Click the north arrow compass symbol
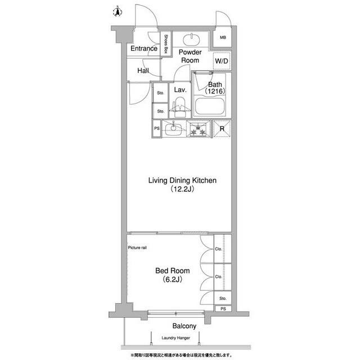[x=117, y=11]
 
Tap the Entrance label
[x=143, y=49]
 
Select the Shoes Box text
[x=166, y=44]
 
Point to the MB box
[x=222, y=38]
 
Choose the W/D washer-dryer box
[x=222, y=61]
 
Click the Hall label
[x=143, y=71]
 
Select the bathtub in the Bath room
[x=209, y=105]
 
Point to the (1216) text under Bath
[x=214, y=91]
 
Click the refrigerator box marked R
[x=222, y=129]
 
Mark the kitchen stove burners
[x=197, y=129]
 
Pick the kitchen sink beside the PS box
[x=174, y=129]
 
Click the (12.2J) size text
[x=182, y=190]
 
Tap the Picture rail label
[x=138, y=247]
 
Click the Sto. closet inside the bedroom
[x=223, y=298]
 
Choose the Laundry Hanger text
[x=175, y=338]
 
